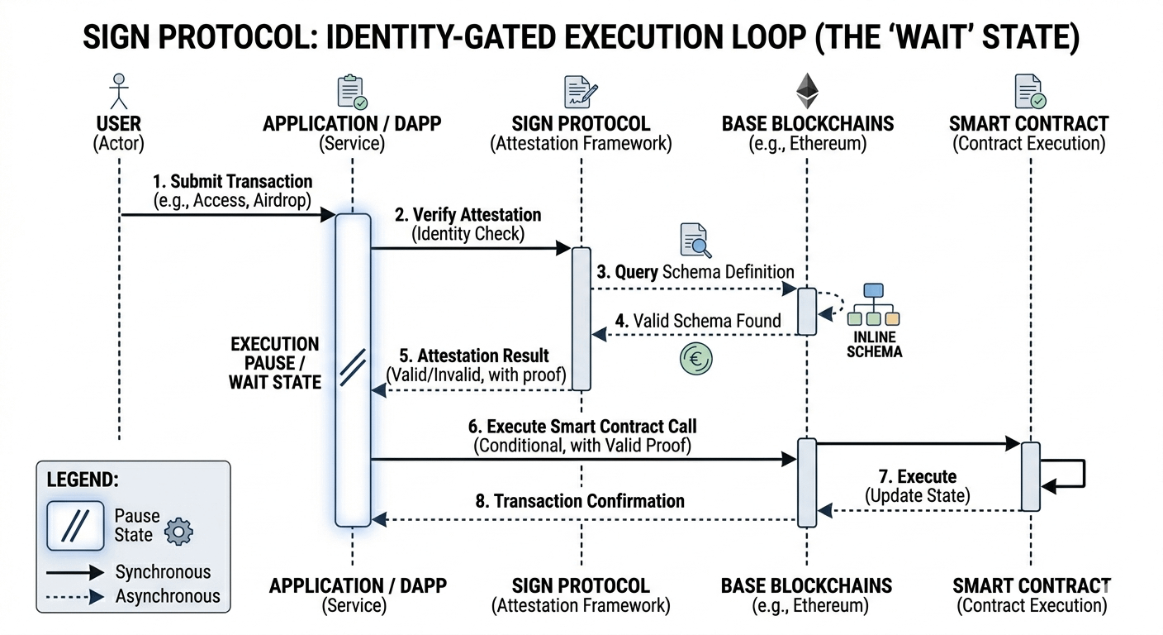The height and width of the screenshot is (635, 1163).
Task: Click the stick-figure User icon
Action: click(121, 91)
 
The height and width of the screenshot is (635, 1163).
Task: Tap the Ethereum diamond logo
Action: click(806, 90)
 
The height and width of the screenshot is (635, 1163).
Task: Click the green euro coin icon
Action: click(695, 359)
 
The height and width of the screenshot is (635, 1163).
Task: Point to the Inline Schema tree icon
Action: click(873, 305)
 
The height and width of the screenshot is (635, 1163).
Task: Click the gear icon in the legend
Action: click(178, 532)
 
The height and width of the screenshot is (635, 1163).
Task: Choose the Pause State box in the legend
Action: click(76, 526)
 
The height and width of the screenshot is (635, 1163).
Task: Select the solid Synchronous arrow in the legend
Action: click(75, 572)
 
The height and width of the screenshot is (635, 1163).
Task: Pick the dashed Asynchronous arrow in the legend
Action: click(75, 596)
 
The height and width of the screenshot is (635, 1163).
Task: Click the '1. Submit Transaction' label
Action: click(232, 182)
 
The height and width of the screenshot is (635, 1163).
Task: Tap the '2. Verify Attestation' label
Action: click(468, 215)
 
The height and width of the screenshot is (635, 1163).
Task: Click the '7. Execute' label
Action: click(917, 477)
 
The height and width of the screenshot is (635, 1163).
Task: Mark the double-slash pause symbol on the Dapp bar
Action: click(352, 365)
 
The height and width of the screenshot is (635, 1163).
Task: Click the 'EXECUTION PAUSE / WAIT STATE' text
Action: click(274, 363)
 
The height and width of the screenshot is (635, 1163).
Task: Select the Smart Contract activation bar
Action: click(1030, 476)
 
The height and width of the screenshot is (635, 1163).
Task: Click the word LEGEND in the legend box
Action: click(83, 480)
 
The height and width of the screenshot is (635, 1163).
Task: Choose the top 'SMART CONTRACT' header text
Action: click(1028, 124)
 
